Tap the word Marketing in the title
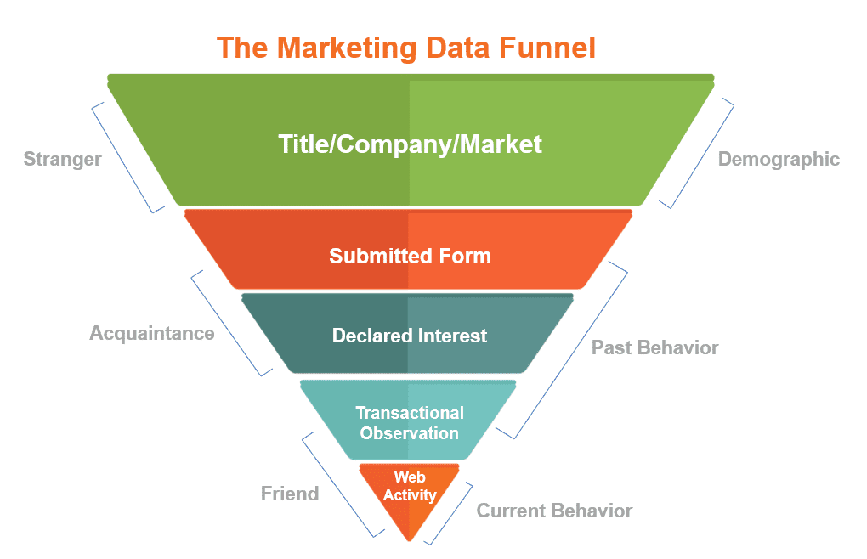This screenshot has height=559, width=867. (x=348, y=48)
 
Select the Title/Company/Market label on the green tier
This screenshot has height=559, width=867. (x=410, y=144)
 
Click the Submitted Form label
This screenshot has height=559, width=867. (x=410, y=256)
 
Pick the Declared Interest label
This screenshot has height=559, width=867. (x=410, y=336)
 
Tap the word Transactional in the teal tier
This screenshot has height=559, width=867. (x=410, y=413)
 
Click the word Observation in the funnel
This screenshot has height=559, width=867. (x=410, y=433)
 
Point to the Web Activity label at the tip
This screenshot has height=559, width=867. (x=410, y=487)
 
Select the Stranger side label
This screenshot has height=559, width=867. (x=62, y=159)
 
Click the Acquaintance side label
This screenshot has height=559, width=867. (x=152, y=333)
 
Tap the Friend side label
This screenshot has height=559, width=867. (x=290, y=494)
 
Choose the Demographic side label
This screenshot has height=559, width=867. (x=779, y=159)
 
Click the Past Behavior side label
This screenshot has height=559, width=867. (x=654, y=347)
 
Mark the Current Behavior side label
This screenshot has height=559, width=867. (x=554, y=511)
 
